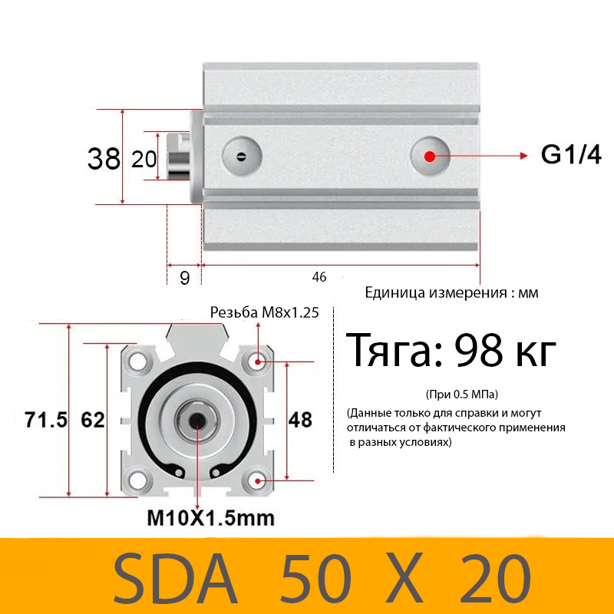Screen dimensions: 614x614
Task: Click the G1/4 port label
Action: tap(571, 155)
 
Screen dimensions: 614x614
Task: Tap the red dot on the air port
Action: tap(430, 156)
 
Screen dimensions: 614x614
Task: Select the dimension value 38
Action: tap(104, 159)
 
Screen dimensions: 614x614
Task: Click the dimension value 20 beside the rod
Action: tap(144, 159)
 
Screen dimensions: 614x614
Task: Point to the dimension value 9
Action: tap(184, 278)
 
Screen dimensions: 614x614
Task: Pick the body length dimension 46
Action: tap(319, 276)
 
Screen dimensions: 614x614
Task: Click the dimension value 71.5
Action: tap(46, 420)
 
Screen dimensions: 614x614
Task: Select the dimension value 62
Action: tap(92, 420)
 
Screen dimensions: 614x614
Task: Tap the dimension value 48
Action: tap(300, 420)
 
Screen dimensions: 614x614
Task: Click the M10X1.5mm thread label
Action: tap(210, 517)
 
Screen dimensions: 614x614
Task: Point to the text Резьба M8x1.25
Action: tap(264, 312)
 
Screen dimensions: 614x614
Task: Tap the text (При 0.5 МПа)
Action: tap(460, 394)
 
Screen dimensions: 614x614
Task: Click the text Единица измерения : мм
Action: tap(452, 292)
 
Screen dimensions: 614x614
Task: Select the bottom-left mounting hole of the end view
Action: tap(139, 481)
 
